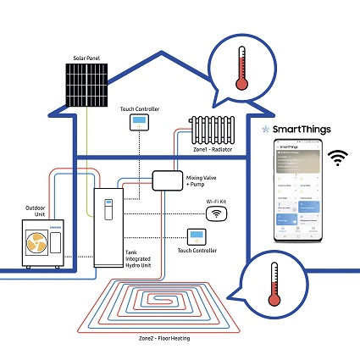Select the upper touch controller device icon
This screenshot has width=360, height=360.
pyautogui.click(x=138, y=124)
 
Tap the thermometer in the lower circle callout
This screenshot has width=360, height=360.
pyautogui.click(x=273, y=284)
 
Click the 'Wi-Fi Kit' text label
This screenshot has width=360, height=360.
pyautogui.click(x=217, y=200)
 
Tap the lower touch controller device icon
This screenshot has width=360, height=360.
pyautogui.click(x=197, y=235)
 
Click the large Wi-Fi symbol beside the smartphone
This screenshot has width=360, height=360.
pyautogui.click(x=341, y=157)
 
